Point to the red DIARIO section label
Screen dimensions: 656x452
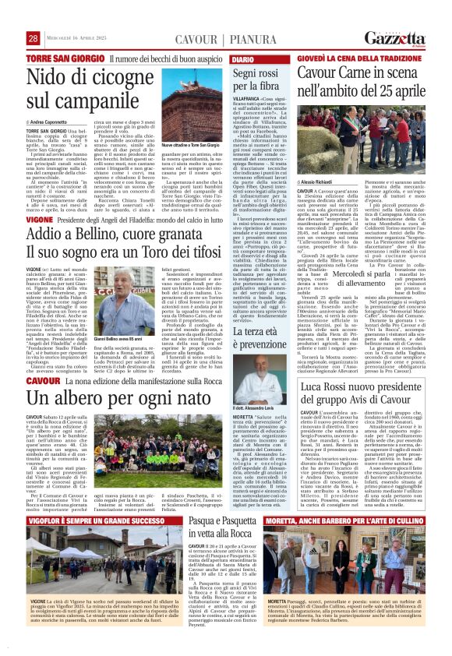pyautogui.click(x=242, y=59)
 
